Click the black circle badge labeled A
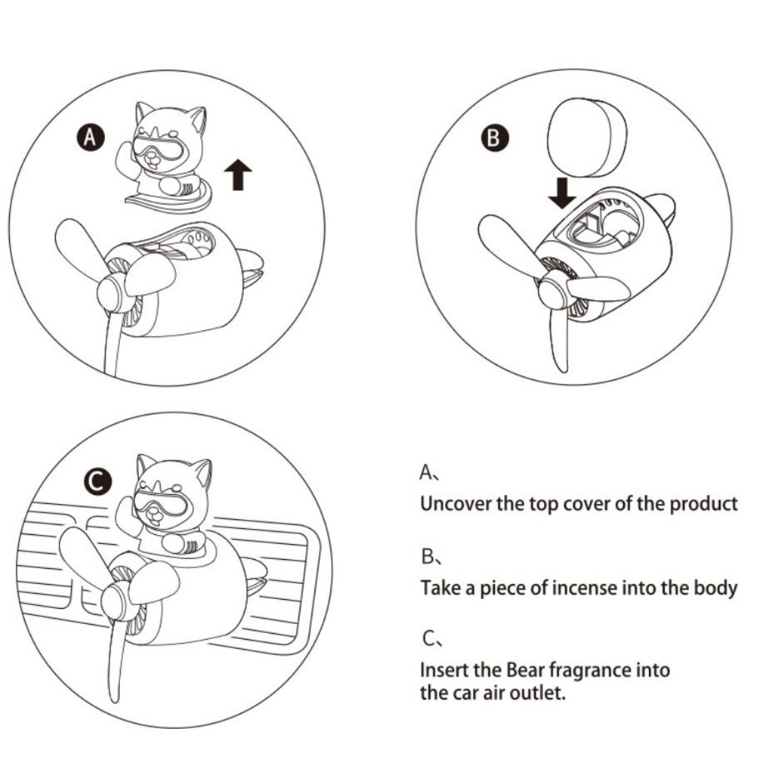[x=90, y=137]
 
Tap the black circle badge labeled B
[x=495, y=137]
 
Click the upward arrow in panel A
[x=238, y=175]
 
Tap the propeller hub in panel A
[x=113, y=292]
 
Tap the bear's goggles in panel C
[x=160, y=502]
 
